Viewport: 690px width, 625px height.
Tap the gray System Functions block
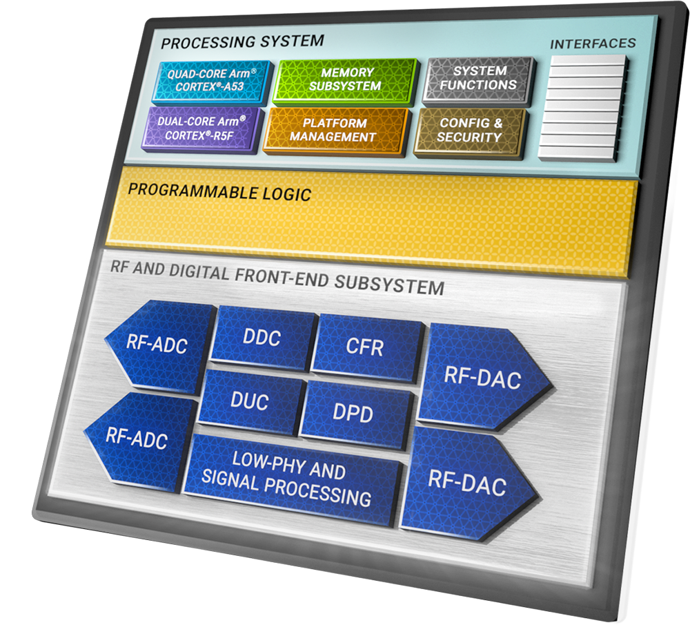point(478,78)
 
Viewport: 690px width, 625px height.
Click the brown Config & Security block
point(469,131)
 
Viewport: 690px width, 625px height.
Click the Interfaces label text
point(593,44)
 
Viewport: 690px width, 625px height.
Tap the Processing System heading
point(241,41)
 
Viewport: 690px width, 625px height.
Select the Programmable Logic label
point(219,192)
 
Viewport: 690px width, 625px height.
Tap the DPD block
point(352,412)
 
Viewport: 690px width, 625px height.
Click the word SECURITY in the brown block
point(469,137)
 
